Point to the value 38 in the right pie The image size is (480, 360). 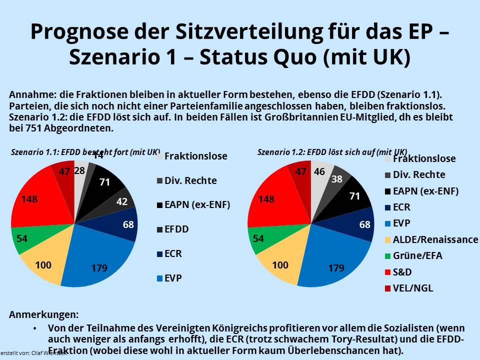coord(336,178)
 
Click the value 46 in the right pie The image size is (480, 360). coord(319,171)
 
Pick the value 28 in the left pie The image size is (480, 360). coord(79,170)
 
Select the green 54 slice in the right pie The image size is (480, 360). coord(258,238)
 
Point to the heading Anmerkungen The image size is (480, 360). coord(43,315)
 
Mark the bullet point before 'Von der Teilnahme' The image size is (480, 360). coord(34,328)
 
